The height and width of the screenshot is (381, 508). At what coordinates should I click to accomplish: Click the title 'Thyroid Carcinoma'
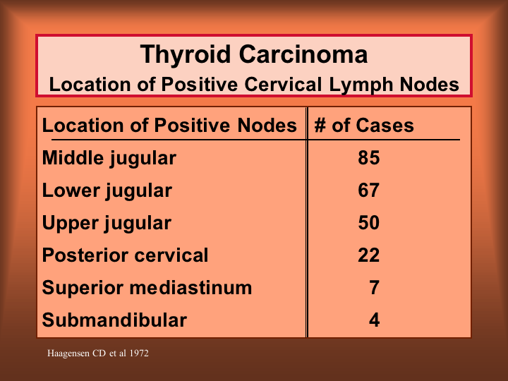point(254,55)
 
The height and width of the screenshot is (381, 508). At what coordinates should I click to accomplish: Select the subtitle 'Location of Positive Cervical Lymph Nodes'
point(254,85)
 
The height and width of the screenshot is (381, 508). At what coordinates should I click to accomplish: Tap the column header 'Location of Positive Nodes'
point(169,126)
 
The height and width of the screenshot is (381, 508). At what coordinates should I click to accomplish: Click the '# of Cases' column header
point(364,126)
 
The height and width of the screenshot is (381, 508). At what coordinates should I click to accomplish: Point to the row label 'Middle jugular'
point(109,159)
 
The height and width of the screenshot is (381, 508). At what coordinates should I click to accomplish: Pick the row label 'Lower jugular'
point(107,191)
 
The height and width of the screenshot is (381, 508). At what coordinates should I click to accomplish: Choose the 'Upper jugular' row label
point(107,224)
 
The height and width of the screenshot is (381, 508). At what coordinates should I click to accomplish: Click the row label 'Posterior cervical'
point(125,255)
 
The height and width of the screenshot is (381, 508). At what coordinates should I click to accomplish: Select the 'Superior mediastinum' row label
point(147,288)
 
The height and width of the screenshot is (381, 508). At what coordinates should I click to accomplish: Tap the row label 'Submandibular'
point(114,320)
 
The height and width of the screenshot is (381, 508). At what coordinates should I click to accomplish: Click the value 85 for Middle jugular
point(369,158)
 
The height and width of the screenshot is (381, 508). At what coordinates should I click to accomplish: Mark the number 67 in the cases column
point(369,190)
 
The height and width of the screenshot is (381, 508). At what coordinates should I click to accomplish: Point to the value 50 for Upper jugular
point(369,223)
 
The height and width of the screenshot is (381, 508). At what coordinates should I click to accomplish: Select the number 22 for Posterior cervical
point(369,255)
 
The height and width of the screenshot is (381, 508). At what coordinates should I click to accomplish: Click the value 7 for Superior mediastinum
point(374,288)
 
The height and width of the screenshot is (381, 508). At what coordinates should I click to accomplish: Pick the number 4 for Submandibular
point(374,320)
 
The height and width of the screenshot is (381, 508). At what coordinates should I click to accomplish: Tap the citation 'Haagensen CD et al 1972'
point(98,353)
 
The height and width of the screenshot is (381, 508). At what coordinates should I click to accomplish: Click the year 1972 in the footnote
point(139,353)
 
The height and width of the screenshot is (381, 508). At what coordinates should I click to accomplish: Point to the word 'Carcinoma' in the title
point(303,55)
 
